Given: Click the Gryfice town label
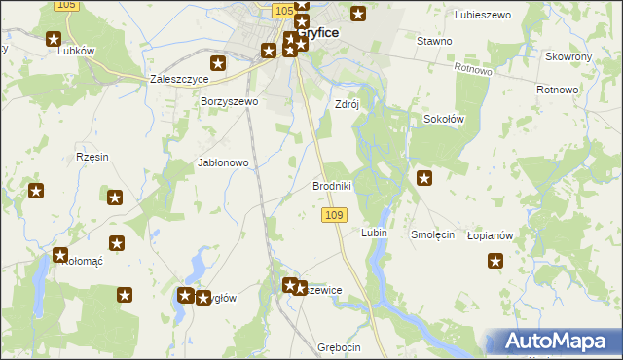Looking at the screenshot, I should point(318,32).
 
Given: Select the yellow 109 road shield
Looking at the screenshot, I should point(333,214).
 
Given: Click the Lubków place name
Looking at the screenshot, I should point(75,52).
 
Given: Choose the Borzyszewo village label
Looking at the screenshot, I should point(229,101).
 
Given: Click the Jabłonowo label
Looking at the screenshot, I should point(224,163).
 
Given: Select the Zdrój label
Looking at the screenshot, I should point(348,105).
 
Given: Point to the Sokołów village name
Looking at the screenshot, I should point(444,119).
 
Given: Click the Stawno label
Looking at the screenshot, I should point(434,41).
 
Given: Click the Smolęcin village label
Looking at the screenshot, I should point(433,234).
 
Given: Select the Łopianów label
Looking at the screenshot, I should point(490,235).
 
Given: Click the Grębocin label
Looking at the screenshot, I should point(339,347).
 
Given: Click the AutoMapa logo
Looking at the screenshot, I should point(556,342).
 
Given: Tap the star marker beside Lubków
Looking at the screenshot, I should point(54,39).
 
